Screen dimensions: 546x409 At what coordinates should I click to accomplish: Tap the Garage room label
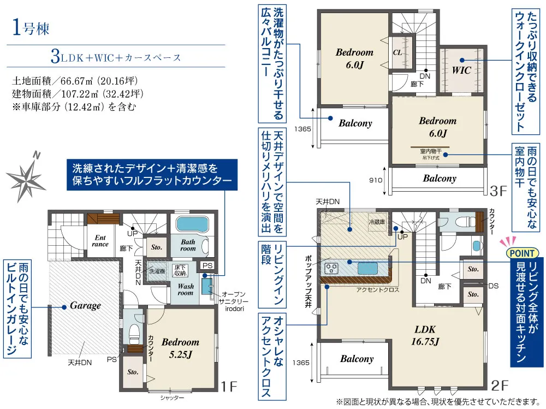pyautogui.click(x=85, y=306)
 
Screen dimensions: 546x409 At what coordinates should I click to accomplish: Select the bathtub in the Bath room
pyautogui.click(x=192, y=224)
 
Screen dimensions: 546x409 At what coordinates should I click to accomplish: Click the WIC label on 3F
pyautogui.click(x=461, y=70)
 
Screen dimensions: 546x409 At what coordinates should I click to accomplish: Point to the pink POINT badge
pyautogui.click(x=521, y=253)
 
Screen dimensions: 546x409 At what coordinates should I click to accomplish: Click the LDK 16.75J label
pyautogui.click(x=425, y=335)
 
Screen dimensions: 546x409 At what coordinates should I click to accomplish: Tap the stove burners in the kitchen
pyautogui.click(x=331, y=268)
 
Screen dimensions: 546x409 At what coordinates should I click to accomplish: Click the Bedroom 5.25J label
pyautogui.click(x=180, y=348)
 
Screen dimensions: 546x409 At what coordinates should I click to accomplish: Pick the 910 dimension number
pyautogui.click(x=376, y=180)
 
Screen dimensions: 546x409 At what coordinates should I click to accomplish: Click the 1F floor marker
pyautogui.click(x=229, y=386)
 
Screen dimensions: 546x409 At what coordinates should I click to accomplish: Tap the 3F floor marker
pyautogui.click(x=498, y=191)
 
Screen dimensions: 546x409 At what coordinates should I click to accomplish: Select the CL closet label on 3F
pyautogui.click(x=397, y=52)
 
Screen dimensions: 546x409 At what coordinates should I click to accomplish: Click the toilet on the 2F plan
pyautogui.click(x=458, y=222)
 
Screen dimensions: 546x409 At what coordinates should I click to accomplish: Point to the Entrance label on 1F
pyautogui.click(x=100, y=241)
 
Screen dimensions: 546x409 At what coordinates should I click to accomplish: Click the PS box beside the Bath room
pyautogui.click(x=207, y=265)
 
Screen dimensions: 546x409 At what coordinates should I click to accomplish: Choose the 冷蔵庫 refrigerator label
pyautogui.click(x=377, y=222)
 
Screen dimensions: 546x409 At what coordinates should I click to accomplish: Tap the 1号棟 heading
pyautogui.click(x=31, y=27)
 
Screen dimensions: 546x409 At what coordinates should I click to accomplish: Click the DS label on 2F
pyautogui.click(x=494, y=286)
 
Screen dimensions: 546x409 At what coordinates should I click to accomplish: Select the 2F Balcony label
pyautogui.click(x=357, y=359)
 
